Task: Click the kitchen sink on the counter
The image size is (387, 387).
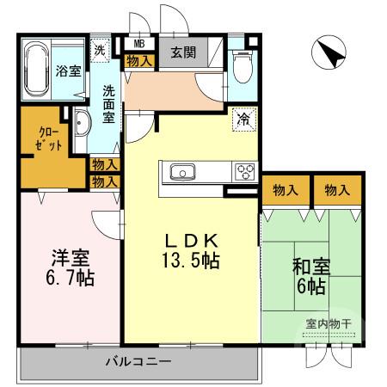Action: [x=184, y=171]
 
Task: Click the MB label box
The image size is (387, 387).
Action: [x=138, y=42]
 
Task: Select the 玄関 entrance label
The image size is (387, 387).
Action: [x=182, y=52]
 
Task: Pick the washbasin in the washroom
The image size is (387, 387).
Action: [x=80, y=126]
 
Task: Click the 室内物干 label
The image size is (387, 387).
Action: [x=329, y=323]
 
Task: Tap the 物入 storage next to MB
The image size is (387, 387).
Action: [x=138, y=60]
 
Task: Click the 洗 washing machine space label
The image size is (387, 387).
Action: [x=101, y=49]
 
